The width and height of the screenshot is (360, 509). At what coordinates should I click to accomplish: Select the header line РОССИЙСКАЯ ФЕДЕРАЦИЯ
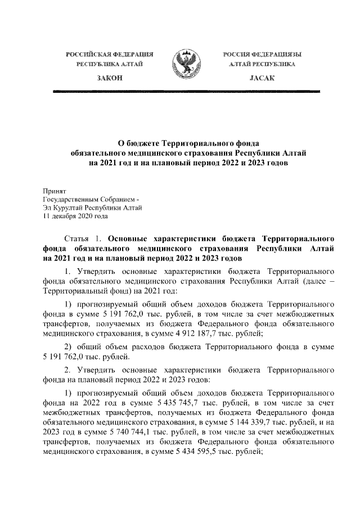coord(110,54)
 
